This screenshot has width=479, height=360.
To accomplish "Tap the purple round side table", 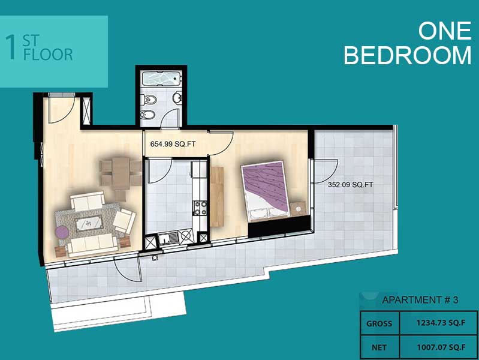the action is click(62, 232).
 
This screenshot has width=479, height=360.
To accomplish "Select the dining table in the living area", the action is click(121, 173).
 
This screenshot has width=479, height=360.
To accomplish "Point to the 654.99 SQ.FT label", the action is click(173, 144).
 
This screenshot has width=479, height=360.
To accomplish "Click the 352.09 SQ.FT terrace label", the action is click(350, 185).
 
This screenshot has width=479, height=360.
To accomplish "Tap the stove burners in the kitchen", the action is click(200, 208).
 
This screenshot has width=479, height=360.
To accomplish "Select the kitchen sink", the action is click(168, 238).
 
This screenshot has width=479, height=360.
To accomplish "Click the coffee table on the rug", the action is click(89, 223).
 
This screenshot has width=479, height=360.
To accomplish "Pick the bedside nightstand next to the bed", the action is click(298, 209).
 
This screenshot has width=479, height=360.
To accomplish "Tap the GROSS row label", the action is click(379, 323).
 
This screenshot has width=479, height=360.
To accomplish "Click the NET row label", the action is click(379, 348).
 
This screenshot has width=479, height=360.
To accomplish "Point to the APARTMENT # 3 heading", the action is click(420, 300).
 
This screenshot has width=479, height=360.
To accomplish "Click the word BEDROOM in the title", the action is click(408, 55).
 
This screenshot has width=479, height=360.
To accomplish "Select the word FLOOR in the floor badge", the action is click(48, 55).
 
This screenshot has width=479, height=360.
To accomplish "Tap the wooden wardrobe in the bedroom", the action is click(217, 197).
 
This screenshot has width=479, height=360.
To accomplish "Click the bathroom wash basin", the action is click(177, 98).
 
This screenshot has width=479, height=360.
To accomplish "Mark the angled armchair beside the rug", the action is click(124, 220).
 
